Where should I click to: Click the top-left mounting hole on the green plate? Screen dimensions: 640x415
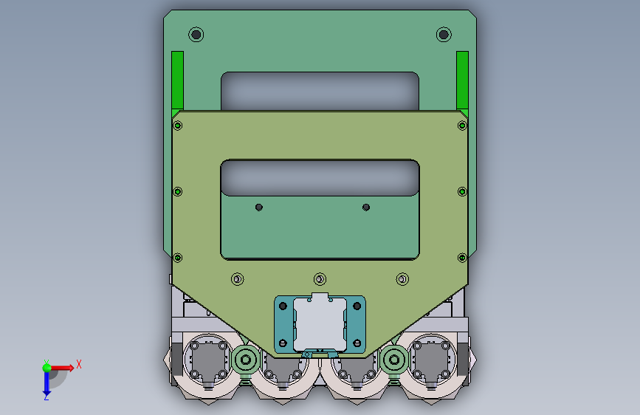196,35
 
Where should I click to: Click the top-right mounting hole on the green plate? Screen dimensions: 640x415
444,35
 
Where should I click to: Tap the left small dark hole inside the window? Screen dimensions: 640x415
259,207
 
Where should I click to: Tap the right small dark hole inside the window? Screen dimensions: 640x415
366,207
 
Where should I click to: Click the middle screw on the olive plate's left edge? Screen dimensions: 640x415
178,191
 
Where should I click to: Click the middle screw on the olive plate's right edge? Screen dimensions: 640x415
462,191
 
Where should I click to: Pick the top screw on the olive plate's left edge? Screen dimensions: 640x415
178,126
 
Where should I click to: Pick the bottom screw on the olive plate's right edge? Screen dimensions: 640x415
462,258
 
